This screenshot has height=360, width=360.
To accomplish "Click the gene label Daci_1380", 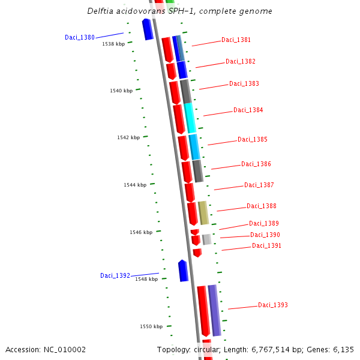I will [x=80, y=37].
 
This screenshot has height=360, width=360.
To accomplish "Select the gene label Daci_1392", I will [x=115, y=275].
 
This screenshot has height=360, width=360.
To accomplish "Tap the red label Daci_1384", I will [x=248, y=110].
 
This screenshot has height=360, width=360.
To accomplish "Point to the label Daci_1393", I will [x=273, y=305].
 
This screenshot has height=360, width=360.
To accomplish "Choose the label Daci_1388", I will [x=262, y=206].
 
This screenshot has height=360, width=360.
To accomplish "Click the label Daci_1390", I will [x=265, y=235].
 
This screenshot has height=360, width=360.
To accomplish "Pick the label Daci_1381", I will [x=236, y=40].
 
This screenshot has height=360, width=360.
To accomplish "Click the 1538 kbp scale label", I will [x=113, y=44].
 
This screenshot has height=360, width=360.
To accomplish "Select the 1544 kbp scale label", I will [x=135, y=185].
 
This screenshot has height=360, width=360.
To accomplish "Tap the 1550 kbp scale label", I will [x=151, y=326].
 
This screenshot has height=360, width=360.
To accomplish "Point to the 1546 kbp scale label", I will [x=141, y=232].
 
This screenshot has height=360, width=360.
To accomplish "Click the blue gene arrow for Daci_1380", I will [x=148, y=29].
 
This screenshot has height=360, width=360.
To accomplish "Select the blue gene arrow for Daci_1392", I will [x=183, y=271].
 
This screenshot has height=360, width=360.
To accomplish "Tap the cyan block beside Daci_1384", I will [x=190, y=118].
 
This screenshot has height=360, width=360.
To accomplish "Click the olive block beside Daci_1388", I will [x=203, y=213].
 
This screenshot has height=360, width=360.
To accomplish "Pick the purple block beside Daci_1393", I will [x=214, y=310].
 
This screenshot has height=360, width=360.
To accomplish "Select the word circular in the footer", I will [x=210, y=349].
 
